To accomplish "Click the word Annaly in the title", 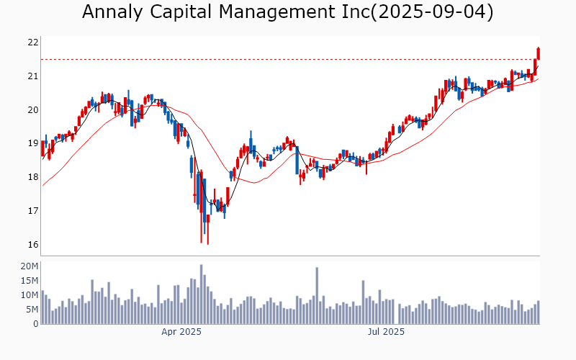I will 112,12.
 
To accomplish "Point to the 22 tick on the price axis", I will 32,42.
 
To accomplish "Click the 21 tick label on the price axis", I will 32,76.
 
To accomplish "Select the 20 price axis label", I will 32,110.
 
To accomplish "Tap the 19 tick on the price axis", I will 32,143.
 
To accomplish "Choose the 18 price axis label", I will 32,177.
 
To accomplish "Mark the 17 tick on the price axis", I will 32,211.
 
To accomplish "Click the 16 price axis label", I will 32,245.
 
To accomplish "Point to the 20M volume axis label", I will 30,266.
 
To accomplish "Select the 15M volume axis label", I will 30,281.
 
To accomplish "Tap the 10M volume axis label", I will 30,295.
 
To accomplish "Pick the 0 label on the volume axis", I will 35,324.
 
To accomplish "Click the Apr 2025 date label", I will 181,332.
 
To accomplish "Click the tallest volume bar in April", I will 202,294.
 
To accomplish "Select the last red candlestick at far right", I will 538,53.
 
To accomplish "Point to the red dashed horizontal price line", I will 288,59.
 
